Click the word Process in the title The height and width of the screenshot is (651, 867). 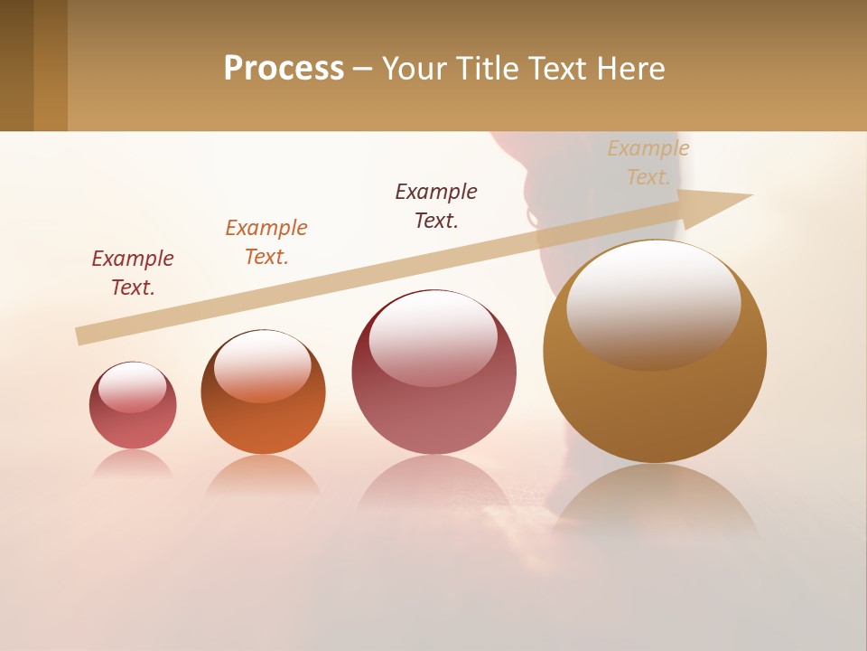coord(284,69)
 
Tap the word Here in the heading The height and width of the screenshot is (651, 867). coord(629,69)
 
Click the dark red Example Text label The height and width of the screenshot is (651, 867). coord(133,272)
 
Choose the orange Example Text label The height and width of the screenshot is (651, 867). coord(266,241)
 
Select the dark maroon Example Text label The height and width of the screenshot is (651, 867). coord(436,205)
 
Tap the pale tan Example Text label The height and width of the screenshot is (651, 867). coord(648,162)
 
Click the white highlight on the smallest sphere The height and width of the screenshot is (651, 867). coord(132,387)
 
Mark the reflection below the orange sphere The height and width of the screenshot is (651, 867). coord(263,475)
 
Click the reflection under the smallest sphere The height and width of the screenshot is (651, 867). coord(133,464)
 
